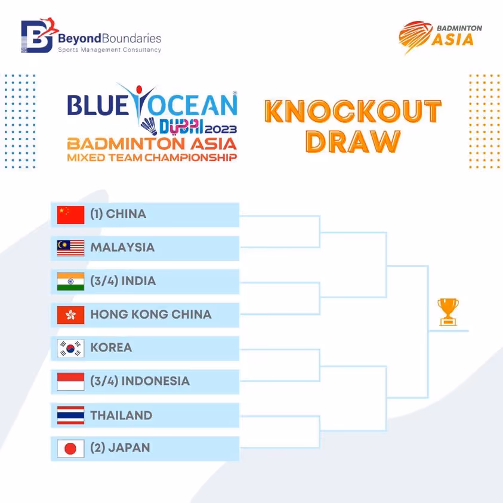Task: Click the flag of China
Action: tap(70, 215)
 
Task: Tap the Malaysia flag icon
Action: tap(70, 248)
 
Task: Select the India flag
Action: tap(70, 281)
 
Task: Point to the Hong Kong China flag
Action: tap(70, 314)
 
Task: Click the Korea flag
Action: tap(70, 348)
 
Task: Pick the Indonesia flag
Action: tap(70, 381)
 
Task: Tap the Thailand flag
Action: tap(70, 415)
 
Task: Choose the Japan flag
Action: tap(70, 449)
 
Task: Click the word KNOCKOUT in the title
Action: tap(353, 112)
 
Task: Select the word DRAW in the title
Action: tap(353, 141)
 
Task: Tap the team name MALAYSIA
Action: tap(122, 248)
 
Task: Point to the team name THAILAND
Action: tap(121, 415)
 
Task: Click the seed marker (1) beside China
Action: tap(96, 214)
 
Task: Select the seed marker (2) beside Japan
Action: tap(96, 448)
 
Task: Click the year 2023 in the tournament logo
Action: tap(221, 129)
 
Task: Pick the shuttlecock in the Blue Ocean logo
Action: tap(149, 126)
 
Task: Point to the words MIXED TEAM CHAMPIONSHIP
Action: tap(152, 158)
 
